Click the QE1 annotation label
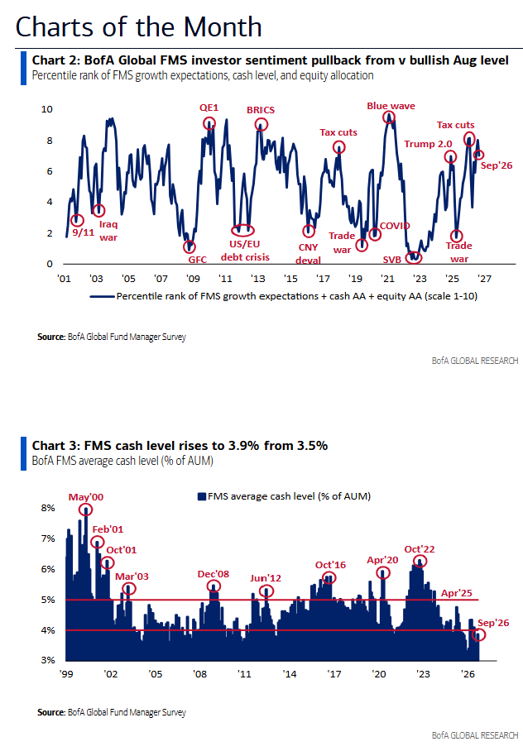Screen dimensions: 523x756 pyautogui.click(x=209, y=108)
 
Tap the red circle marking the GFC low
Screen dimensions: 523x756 pyautogui.click(x=190, y=246)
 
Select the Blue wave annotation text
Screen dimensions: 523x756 pyautogui.click(x=391, y=106)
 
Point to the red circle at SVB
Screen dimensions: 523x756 pyautogui.click(x=414, y=257)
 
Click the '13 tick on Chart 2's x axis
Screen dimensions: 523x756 pyautogui.click(x=258, y=279)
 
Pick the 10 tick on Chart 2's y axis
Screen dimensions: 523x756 pyautogui.click(x=47, y=109)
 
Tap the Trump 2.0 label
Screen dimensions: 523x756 pyautogui.click(x=428, y=144)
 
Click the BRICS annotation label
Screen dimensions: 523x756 pyautogui.click(x=261, y=110)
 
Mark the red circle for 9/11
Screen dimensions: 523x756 pyautogui.click(x=77, y=220)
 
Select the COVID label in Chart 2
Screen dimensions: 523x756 pyautogui.click(x=395, y=226)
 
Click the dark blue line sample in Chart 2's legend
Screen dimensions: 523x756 pyautogui.click(x=103, y=296)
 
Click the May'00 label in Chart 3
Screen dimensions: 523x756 pyautogui.click(x=86, y=497)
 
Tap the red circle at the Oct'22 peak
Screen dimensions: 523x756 pyautogui.click(x=420, y=562)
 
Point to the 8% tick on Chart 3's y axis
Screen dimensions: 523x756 pyautogui.click(x=48, y=508)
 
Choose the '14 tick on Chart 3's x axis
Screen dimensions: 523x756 pyautogui.click(x=290, y=674)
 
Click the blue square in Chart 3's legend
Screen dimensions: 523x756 pyautogui.click(x=202, y=496)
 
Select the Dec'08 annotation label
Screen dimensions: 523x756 pyautogui.click(x=214, y=574)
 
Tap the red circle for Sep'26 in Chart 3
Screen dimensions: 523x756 pyautogui.click(x=479, y=634)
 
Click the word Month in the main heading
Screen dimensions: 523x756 pyautogui.click(x=223, y=27)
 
